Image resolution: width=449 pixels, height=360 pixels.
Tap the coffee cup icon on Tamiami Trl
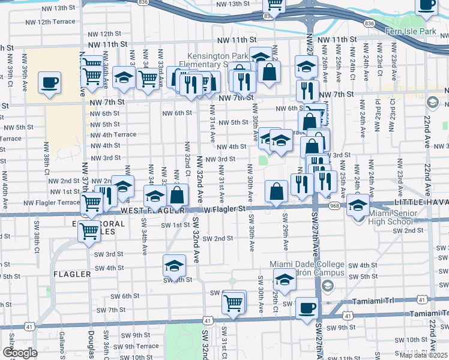click(307, 307)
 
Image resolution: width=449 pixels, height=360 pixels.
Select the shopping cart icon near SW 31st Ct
click(233, 301)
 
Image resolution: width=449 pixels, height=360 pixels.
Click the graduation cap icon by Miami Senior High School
click(358, 205)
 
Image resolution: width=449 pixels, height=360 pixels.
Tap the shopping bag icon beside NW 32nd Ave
click(178, 194)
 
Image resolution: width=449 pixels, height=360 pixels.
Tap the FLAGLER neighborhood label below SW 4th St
click(72, 274)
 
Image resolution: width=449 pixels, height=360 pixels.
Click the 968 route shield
click(334, 205)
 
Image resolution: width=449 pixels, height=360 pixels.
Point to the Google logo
click(20, 353)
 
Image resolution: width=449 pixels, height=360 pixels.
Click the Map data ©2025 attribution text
click(423, 355)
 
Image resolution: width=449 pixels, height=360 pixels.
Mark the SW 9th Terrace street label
click(135, 346)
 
